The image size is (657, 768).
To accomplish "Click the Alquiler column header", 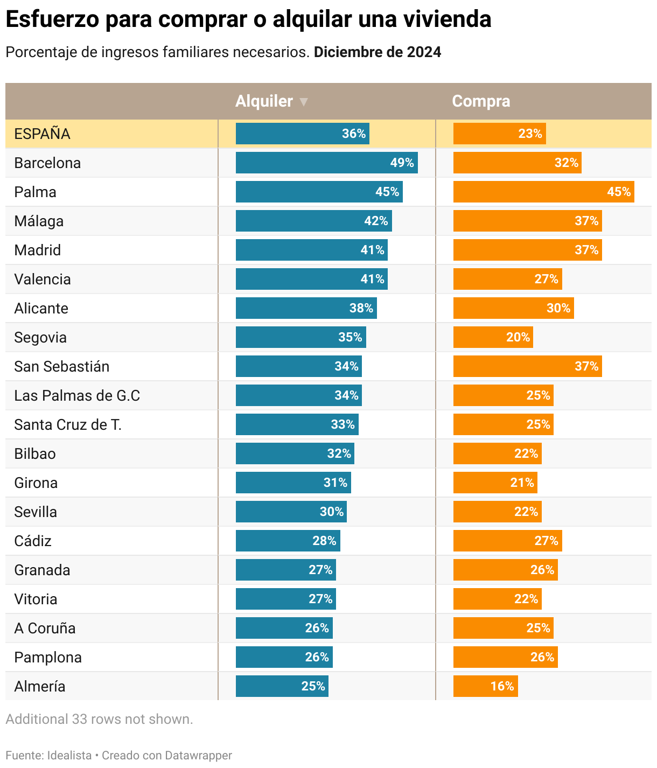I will (x=264, y=101).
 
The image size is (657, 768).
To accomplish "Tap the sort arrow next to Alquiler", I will (x=304, y=102).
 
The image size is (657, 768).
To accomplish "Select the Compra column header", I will (x=481, y=101).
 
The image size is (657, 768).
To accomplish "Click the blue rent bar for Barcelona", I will (x=326, y=163).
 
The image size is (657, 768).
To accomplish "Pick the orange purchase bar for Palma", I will (x=543, y=192).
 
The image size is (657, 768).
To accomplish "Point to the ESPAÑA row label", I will (x=42, y=134).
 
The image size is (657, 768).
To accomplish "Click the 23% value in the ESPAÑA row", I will (x=530, y=134).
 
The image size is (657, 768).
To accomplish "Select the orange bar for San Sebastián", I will (x=527, y=366).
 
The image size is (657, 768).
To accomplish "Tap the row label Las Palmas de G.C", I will (x=77, y=396).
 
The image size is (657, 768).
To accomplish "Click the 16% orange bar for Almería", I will (x=485, y=686).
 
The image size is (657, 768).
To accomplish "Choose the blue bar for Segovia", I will (x=300, y=337).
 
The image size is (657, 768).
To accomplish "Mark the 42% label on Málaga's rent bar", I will (x=376, y=221).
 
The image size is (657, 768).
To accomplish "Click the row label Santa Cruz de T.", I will (x=68, y=425).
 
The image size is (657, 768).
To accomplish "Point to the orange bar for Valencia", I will (x=507, y=279).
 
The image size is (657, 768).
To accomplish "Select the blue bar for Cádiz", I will (x=288, y=541).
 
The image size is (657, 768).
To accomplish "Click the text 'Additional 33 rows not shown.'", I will (x=99, y=719).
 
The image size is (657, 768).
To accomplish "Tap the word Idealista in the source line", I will (x=69, y=755).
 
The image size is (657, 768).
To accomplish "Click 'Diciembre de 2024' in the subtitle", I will (x=378, y=52).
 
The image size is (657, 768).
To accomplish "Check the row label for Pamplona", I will (x=48, y=658).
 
